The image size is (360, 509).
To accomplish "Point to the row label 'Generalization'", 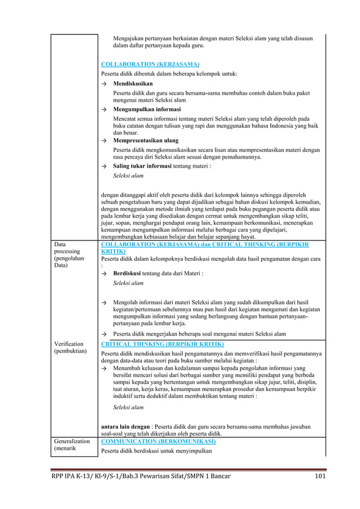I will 72,441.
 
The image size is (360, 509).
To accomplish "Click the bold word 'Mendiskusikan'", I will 133,83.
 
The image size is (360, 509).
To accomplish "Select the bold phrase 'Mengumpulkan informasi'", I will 147,109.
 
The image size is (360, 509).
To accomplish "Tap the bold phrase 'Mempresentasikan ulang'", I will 146,140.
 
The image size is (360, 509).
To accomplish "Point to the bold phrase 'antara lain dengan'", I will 125,427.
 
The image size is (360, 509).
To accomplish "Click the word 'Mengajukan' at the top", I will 129,38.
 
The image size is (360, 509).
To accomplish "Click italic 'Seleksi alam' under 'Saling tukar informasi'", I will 128,175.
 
